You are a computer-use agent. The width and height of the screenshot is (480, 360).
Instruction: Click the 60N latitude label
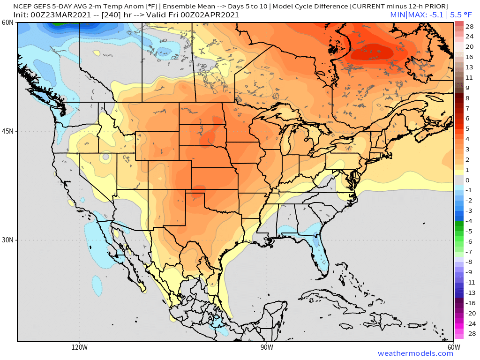coord(8,23)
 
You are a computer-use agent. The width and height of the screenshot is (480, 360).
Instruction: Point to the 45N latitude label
coord(8,131)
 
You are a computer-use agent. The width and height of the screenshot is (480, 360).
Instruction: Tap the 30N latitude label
coord(8,240)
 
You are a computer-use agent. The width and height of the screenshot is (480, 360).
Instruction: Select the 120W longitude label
coord(80,347)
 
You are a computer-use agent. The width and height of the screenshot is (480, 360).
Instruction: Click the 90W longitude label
coord(267,347)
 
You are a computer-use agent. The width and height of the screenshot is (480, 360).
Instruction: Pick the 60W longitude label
coord(453,347)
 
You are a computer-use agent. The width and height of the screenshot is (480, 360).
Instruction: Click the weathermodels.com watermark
coord(415,353)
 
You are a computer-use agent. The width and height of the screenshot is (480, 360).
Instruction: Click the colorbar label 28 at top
coord(470,26)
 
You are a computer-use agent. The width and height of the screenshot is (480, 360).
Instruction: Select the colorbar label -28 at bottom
coord(470,334)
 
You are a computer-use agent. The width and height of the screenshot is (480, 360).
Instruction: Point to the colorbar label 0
coord(467,180)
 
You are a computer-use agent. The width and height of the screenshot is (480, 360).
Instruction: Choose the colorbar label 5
coord(467,128)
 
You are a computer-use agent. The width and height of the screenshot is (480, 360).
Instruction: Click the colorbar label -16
coord(470,303)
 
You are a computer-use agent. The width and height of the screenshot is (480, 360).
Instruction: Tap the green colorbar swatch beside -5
coord(458,231)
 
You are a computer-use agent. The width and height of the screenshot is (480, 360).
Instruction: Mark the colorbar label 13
coord(470,67)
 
